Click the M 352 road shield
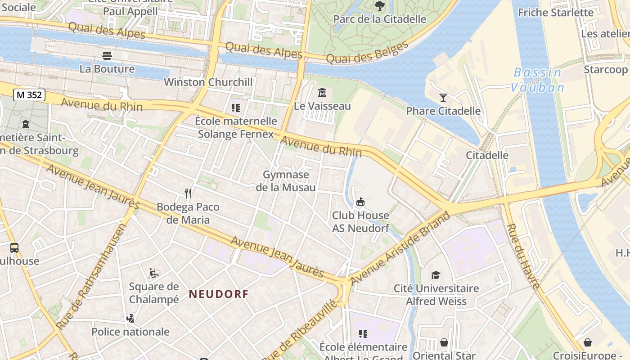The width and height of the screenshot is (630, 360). (x=29, y=94)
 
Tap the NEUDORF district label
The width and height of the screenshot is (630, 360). (x=218, y=294)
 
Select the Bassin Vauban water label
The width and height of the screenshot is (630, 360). (x=538, y=80)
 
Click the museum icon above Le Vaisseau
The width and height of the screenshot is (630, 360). (x=322, y=93)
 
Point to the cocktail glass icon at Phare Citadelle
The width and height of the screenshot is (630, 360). (x=443, y=97)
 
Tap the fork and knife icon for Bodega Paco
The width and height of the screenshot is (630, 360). (x=188, y=193)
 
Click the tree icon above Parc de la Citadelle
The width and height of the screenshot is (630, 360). (x=380, y=6)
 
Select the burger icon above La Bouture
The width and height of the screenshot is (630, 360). (x=107, y=56)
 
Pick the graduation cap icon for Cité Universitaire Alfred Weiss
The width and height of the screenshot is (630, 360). (x=436, y=275)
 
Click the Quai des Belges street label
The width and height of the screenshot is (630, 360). (x=367, y=52)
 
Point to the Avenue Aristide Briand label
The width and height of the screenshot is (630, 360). (x=400, y=248)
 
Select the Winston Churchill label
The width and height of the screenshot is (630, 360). (x=208, y=82)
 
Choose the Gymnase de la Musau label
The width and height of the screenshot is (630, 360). (x=286, y=181)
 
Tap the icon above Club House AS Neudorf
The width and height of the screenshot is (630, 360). (x=360, y=202)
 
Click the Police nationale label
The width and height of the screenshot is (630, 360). (x=130, y=332)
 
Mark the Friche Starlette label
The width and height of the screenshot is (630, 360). (x=556, y=12)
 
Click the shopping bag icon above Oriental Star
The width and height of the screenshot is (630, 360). (x=444, y=343)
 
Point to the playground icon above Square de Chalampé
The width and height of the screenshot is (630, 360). (x=154, y=273)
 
